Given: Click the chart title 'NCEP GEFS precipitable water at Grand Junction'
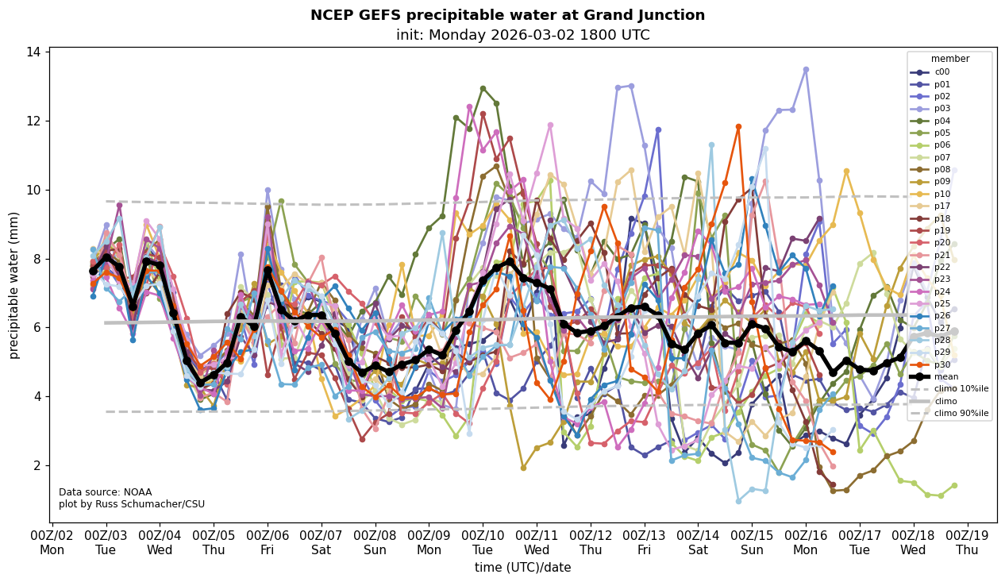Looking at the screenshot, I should (507, 15).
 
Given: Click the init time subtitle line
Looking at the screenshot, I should (522, 35).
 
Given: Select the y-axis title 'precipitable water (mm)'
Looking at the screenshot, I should (14, 284).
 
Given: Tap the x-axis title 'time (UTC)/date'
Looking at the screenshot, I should (522, 567).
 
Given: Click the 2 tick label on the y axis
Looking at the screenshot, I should (38, 465).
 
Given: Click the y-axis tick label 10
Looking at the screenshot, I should (35, 190).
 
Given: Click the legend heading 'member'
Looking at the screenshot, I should (949, 59).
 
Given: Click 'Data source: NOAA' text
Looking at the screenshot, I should (105, 492).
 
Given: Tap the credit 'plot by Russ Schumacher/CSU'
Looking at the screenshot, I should (132, 504).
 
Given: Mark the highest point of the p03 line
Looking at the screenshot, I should (806, 70).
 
